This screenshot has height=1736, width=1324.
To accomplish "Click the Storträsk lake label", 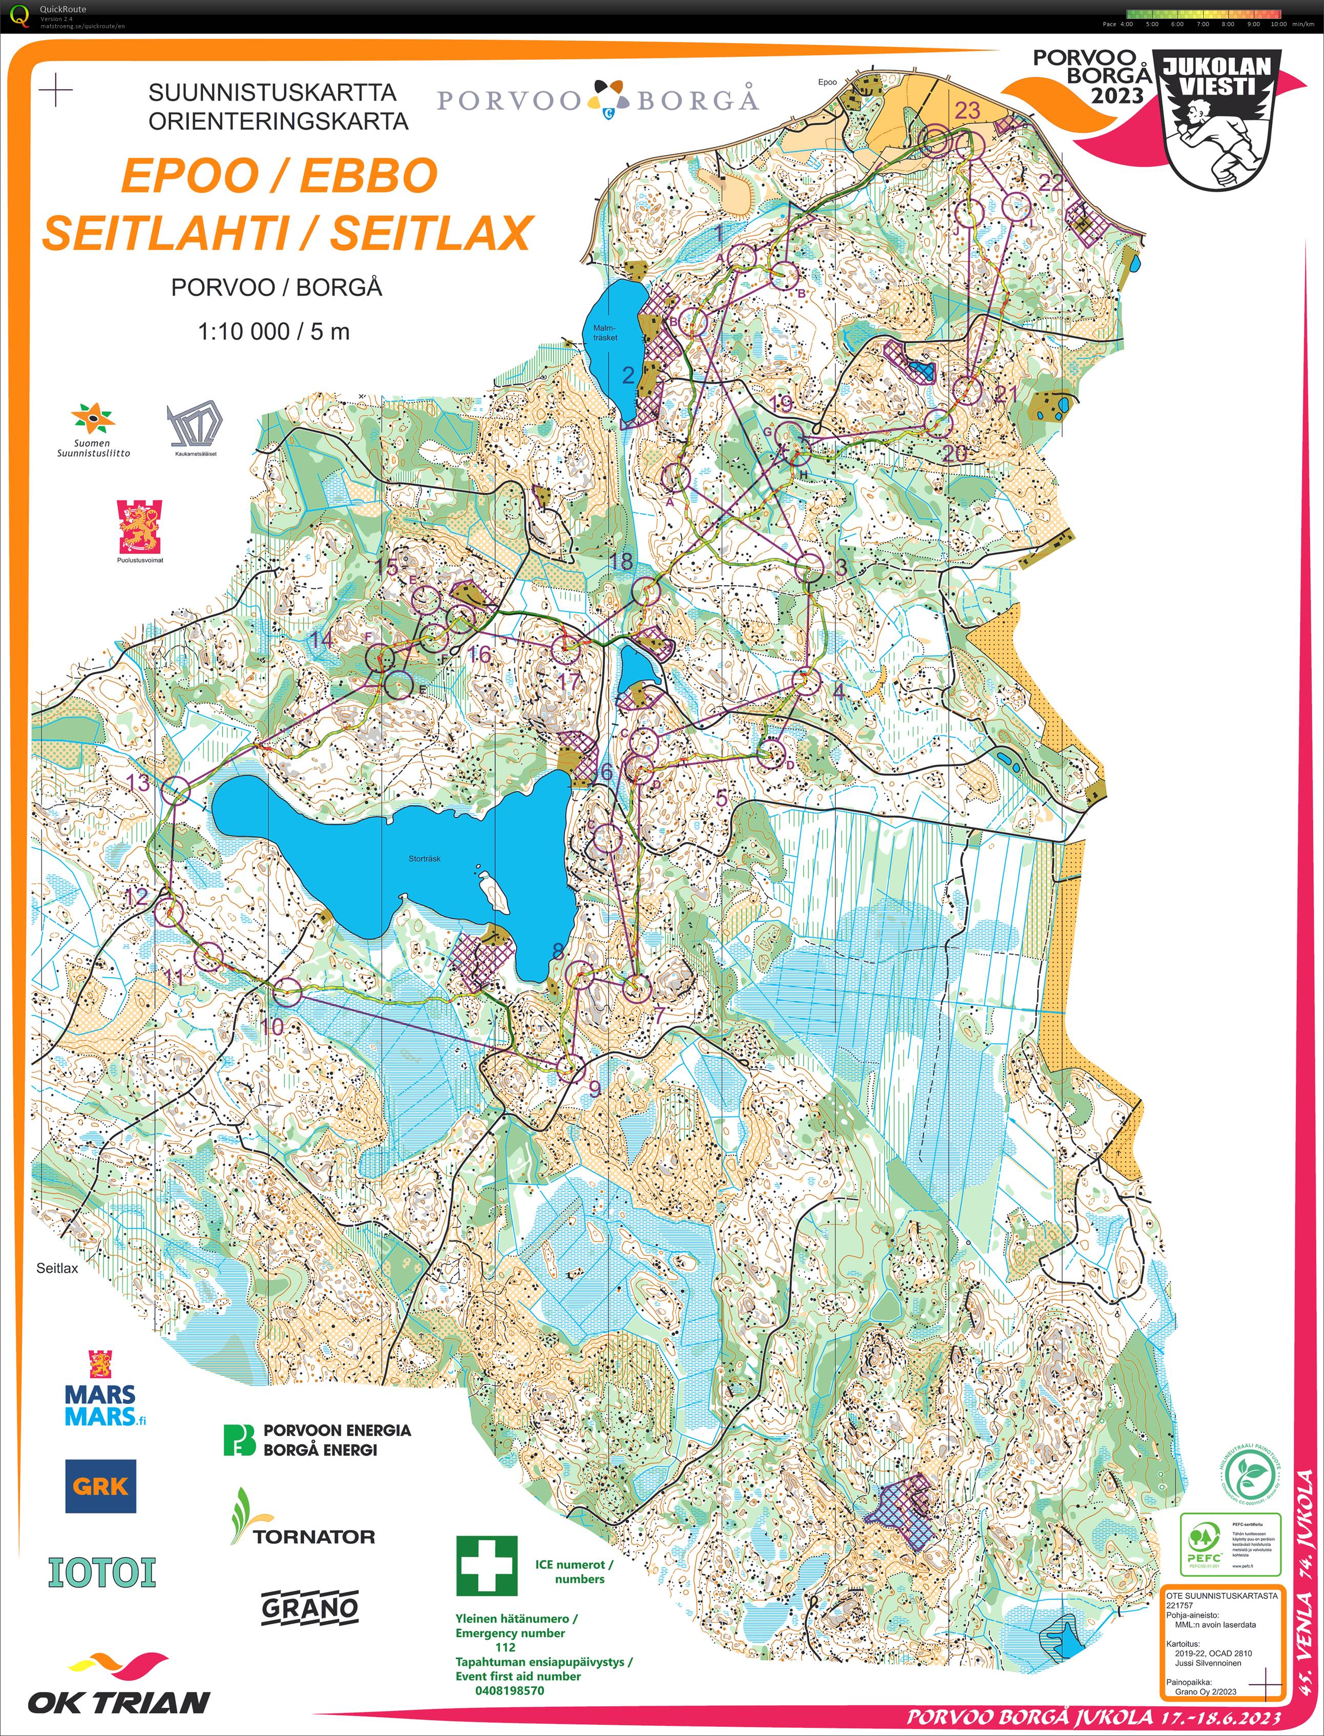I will pos(424,859).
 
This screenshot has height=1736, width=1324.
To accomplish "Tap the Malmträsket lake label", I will pos(604,333).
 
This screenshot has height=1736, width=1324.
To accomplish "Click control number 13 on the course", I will pos(139,782).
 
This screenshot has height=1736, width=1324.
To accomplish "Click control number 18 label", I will pos(621,561).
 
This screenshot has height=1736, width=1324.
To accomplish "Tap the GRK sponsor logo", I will pos(100,1486).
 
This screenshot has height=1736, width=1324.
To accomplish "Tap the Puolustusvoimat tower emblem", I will pos(140,526).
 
